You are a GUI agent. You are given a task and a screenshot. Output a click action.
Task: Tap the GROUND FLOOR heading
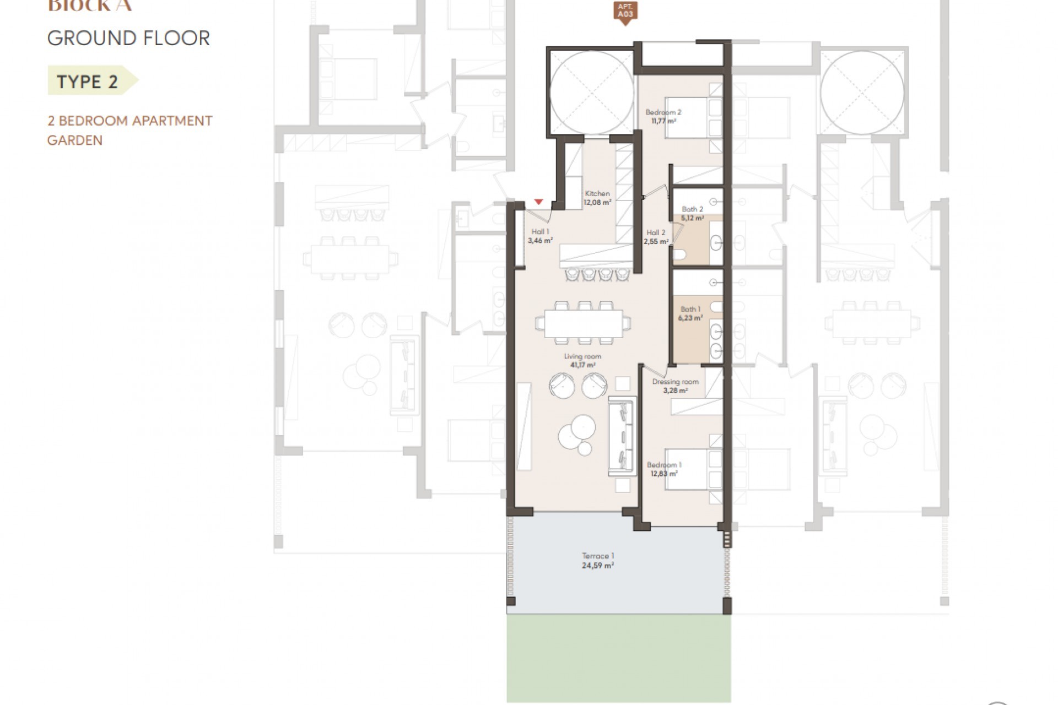click(x=128, y=39)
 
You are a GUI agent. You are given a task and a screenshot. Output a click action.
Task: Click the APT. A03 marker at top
click(x=625, y=12)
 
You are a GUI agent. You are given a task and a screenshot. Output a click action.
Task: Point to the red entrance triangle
click(x=539, y=202)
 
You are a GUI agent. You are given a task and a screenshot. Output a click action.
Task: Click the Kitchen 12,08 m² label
click(x=597, y=198)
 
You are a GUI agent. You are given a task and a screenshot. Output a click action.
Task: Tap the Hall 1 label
click(x=540, y=236)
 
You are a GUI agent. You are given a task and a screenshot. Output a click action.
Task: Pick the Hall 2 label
click(x=656, y=237)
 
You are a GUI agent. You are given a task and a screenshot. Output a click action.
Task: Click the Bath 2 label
click(x=693, y=213)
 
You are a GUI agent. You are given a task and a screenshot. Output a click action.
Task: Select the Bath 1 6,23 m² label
click(x=690, y=313)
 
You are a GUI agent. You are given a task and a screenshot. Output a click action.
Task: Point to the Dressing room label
click(x=675, y=386)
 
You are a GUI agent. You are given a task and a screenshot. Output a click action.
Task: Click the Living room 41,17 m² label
click(x=582, y=360)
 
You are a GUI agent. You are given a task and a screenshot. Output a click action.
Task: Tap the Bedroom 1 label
click(x=663, y=469)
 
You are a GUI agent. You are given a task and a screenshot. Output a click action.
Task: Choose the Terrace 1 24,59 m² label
click(x=598, y=561)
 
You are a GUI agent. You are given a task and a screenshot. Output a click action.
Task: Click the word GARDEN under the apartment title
click(x=75, y=140)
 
